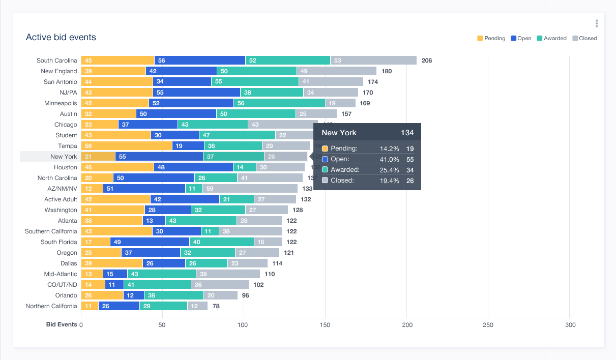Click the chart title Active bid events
pos(61,37)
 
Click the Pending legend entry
pos(491,38)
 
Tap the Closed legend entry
pos(584,38)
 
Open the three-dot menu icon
pos(597,23)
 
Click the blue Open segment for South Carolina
pos(199,61)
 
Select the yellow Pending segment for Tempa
pos(126,146)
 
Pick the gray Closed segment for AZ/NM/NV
pos(250,189)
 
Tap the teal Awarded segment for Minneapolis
pos(279,103)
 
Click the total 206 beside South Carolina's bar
pos(427,61)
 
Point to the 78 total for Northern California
pos(216,306)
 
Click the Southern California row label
pos(51,231)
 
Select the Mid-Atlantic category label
pos(61,274)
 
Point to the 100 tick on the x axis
pos(244,325)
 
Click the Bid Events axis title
pos(62,324)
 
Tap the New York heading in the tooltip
pos(339,133)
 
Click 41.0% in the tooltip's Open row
pos(389,159)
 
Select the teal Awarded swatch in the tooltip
pos(325,170)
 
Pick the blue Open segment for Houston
pos(193,167)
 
